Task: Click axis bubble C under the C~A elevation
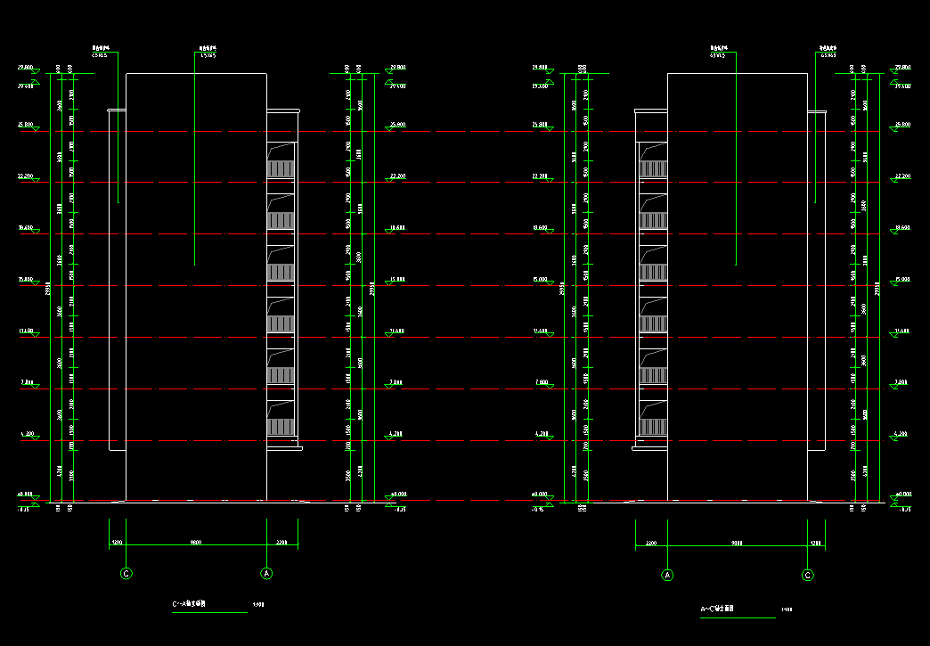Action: [x=126, y=574]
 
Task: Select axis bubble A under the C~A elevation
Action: [x=265, y=574]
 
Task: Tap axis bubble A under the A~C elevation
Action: [x=667, y=576]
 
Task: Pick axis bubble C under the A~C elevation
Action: [x=808, y=576]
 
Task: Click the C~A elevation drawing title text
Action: [x=190, y=604]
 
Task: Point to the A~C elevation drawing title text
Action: [x=717, y=609]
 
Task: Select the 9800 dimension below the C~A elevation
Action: [x=195, y=542]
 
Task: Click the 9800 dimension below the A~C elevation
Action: [x=737, y=542]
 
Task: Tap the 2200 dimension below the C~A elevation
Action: [x=281, y=542]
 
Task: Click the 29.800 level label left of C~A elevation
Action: [x=25, y=68]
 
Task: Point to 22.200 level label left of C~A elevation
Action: [x=25, y=176]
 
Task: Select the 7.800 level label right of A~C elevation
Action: [x=902, y=382]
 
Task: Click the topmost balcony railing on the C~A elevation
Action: [x=281, y=168]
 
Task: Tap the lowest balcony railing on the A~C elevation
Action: [x=654, y=427]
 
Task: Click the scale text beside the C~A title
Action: [x=258, y=605]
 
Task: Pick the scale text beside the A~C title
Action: [x=787, y=610]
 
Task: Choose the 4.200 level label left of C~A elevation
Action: [x=27, y=434]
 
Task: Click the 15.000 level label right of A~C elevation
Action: [x=902, y=280]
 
